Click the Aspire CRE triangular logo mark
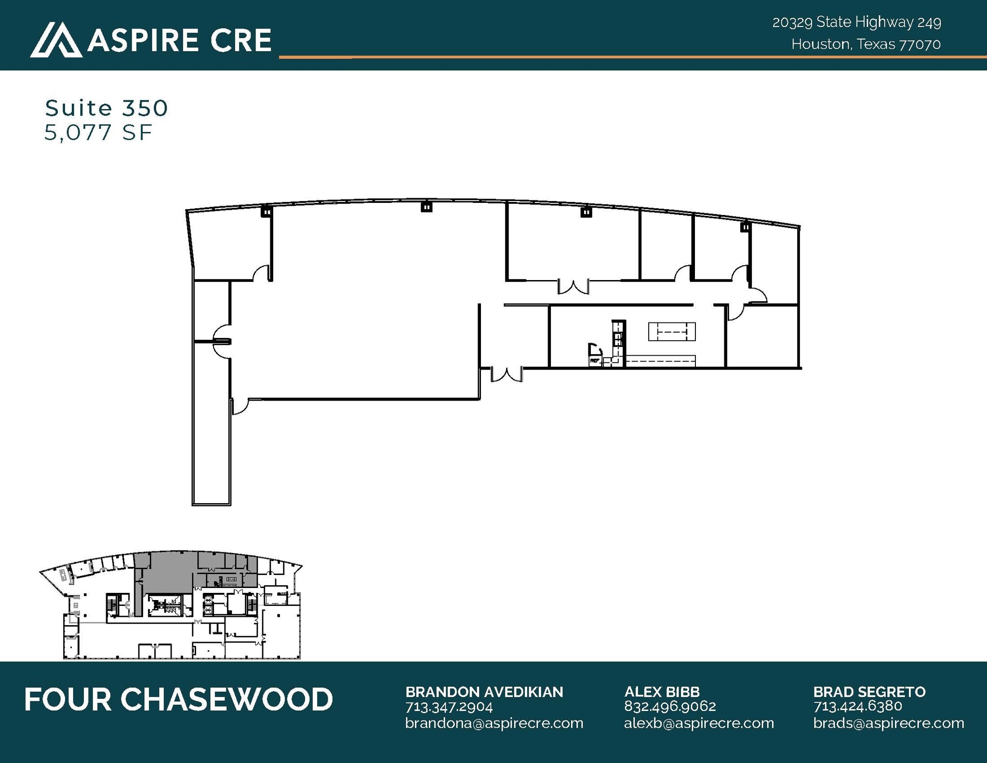click(56, 40)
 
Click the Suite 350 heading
click(107, 108)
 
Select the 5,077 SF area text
click(98, 133)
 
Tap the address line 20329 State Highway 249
click(856, 22)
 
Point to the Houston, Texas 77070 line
click(866, 44)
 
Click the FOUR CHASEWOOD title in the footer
click(178, 699)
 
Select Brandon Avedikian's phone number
click(449, 707)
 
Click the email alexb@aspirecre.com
click(699, 723)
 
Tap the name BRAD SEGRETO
click(869, 692)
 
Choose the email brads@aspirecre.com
click(889, 723)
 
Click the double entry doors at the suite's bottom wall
click(507, 375)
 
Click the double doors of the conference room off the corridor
click(573, 287)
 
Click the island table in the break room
click(672, 332)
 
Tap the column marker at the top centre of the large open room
click(427, 207)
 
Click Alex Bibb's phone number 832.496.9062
click(670, 707)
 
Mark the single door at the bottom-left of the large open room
click(240, 406)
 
